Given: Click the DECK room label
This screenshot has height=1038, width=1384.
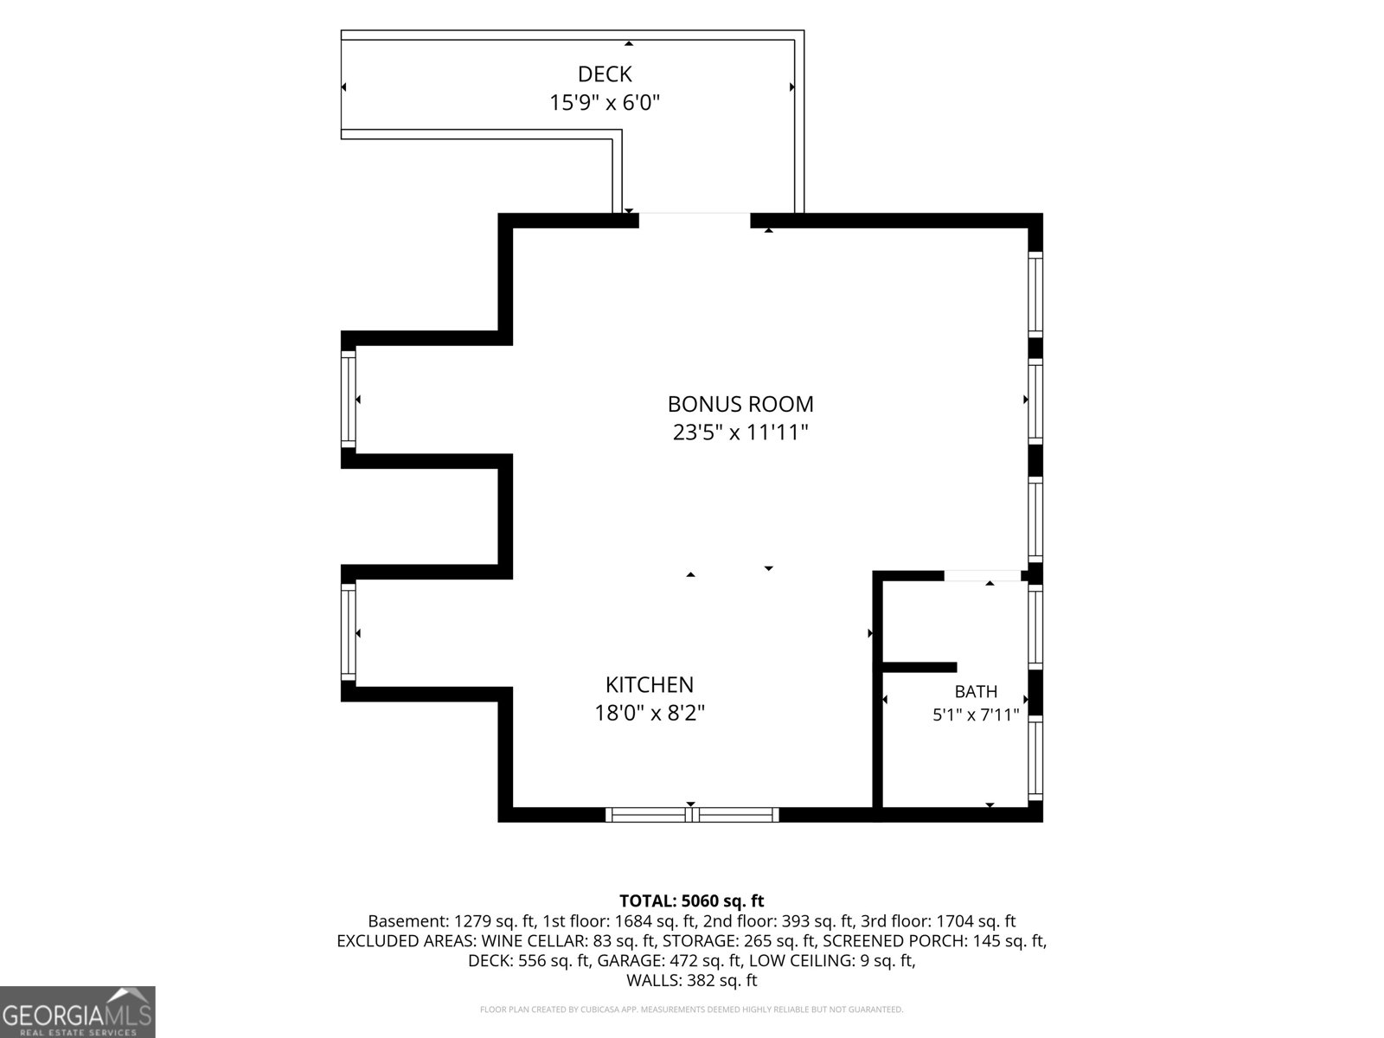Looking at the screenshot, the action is pos(605,74).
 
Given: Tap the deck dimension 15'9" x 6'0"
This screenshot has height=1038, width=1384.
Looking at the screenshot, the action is pos(605,103).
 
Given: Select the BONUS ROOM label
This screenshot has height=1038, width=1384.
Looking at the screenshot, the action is pos(740,404).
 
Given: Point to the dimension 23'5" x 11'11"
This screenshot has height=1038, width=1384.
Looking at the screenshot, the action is pos(740,433).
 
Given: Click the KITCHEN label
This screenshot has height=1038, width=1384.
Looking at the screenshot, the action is pos(650,684).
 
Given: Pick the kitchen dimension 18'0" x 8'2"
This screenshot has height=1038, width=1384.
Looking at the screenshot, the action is pos(650,714).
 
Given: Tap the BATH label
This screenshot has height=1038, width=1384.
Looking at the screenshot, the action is pos(976,692).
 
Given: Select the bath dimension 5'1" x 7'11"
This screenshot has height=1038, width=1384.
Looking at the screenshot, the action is pos(976,715).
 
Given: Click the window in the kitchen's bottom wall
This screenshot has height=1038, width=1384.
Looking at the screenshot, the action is pos(692,815).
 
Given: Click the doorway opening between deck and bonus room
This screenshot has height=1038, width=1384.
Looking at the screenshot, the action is pos(695,220).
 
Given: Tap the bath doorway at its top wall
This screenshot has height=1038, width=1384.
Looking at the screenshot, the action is pos(983,575).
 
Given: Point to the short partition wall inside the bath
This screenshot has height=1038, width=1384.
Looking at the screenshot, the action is pos(919,668).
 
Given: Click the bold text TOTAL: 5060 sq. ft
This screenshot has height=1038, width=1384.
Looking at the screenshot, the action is pos(692,900).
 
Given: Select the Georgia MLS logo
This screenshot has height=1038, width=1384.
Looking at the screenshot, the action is pos(78,1012).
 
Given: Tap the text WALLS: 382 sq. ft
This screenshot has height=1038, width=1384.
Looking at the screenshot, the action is pos(692,981).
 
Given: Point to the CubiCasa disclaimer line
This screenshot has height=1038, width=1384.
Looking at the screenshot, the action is pos(692,1009).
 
